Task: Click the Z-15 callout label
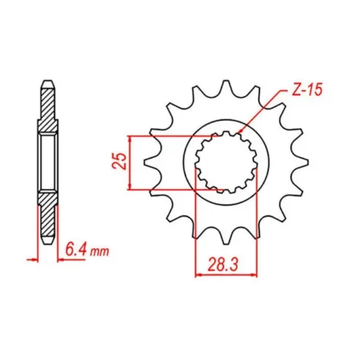307,90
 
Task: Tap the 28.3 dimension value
223,265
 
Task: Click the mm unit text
99,252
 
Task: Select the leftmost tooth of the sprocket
150,162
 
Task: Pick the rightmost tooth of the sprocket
302,162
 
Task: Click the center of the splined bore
226,162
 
